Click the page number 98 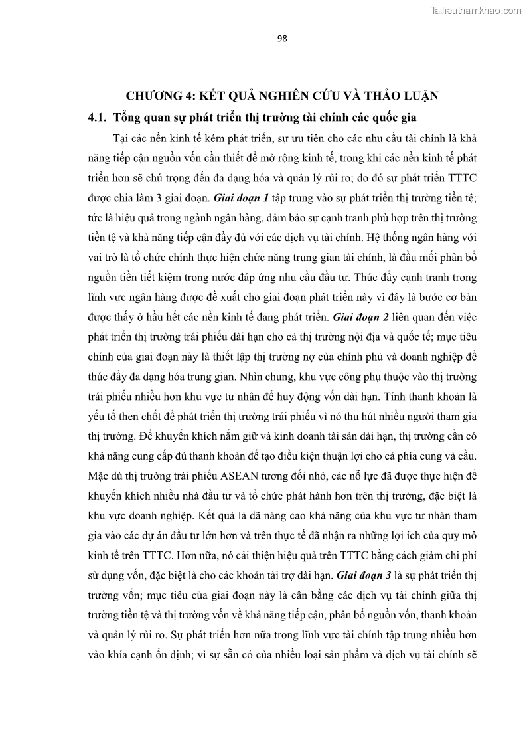(281, 39)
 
